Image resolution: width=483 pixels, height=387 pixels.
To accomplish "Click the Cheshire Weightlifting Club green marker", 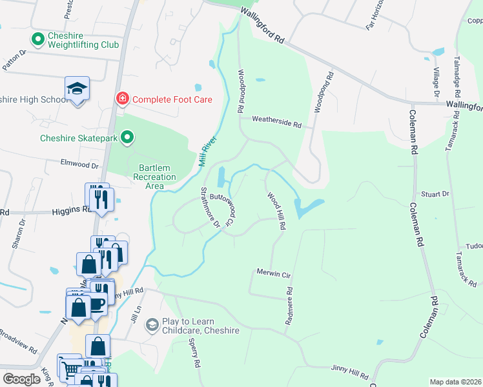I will [38, 40].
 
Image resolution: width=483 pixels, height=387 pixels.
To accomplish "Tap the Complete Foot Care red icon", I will [121, 99].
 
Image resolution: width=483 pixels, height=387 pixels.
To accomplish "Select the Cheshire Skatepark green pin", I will [128, 137].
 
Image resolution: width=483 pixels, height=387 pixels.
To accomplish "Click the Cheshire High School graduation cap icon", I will [77, 88].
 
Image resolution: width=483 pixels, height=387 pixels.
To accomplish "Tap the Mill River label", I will [207, 152].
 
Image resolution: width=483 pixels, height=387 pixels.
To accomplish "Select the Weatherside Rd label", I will [276, 121].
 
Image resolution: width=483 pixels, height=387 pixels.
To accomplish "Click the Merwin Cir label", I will [274, 273].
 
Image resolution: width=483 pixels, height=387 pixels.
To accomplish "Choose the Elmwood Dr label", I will [79, 165].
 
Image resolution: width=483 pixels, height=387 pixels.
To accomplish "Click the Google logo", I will [22, 379].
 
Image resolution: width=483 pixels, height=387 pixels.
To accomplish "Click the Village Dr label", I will [437, 82].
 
